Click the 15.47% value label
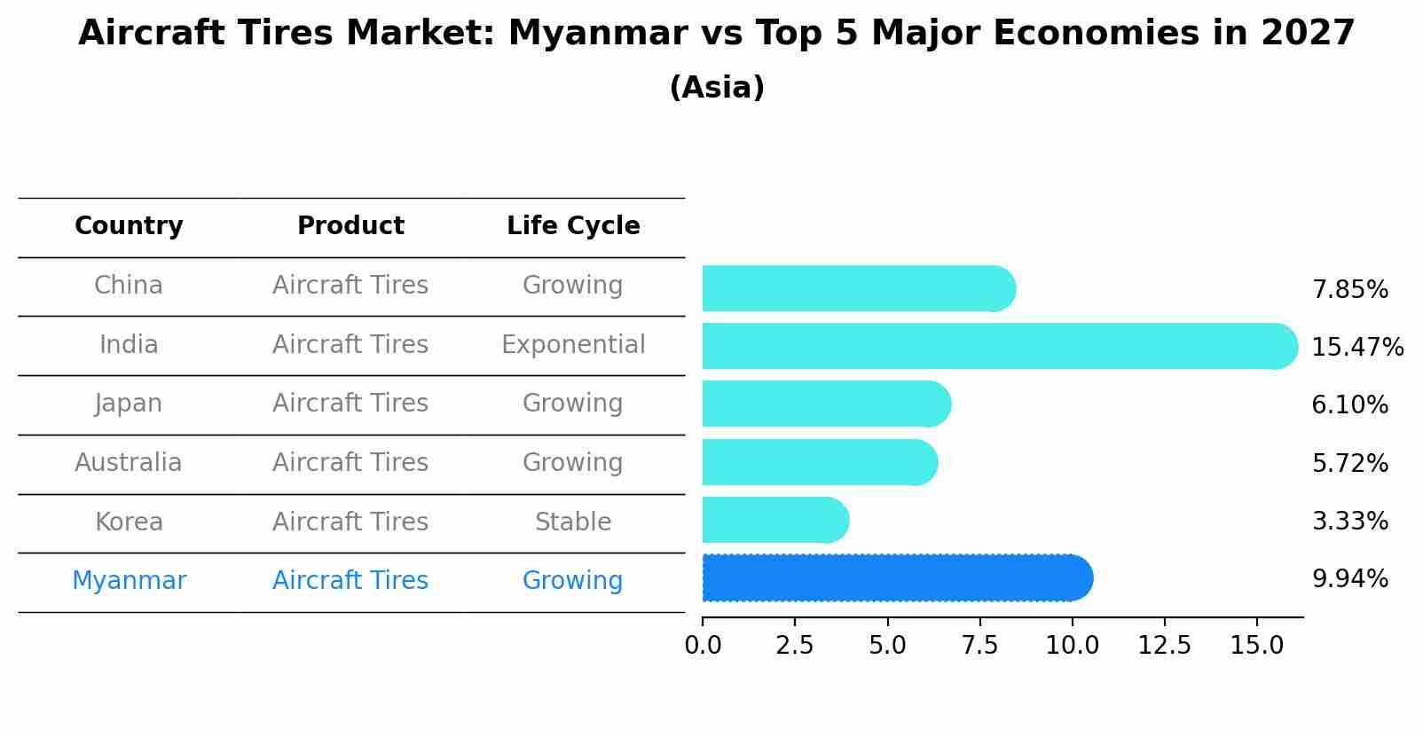(x=1357, y=347)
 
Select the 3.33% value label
(x=1349, y=521)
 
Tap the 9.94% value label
(x=1349, y=579)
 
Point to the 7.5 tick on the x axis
(x=979, y=645)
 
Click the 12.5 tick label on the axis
(x=1164, y=645)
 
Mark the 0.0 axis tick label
(x=703, y=645)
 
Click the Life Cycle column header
(x=573, y=226)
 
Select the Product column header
(x=350, y=226)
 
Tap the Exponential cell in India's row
(x=573, y=344)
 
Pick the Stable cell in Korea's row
(x=573, y=522)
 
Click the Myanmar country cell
(x=129, y=581)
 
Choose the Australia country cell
(x=129, y=462)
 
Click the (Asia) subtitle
(x=717, y=88)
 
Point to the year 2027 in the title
(x=1308, y=34)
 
